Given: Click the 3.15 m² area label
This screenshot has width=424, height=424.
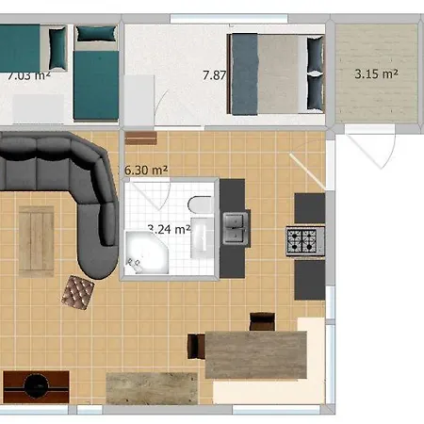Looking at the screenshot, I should [x=374, y=73].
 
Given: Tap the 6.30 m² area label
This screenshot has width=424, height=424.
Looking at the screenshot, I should [x=146, y=170].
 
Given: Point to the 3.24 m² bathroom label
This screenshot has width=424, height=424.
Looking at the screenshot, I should [x=170, y=228].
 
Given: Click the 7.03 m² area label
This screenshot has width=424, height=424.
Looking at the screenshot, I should [x=28, y=75].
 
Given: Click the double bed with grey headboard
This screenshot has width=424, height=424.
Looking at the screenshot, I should [x=277, y=73].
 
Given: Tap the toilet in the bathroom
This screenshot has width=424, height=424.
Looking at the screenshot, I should [x=200, y=204].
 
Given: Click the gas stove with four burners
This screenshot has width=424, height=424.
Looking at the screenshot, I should [x=305, y=241].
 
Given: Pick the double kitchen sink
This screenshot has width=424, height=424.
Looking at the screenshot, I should [x=233, y=227].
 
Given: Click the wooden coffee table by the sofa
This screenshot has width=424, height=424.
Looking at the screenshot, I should [x=37, y=239].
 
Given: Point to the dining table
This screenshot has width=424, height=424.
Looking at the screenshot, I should [x=255, y=354].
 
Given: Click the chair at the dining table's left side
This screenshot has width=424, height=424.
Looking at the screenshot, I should [x=197, y=346].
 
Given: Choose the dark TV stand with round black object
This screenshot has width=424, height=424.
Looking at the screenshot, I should [x=36, y=385].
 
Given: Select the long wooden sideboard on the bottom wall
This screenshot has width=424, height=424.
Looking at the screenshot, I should [x=152, y=387].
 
